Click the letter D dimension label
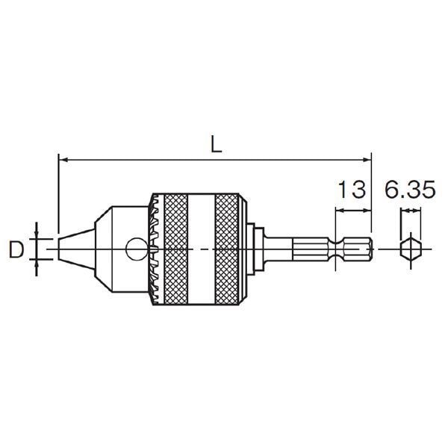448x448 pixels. coord(16,249)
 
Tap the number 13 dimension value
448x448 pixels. coord(352,189)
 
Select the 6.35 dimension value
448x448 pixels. coord(410,189)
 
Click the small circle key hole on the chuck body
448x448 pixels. coord(137,249)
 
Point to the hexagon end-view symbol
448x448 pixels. coord(411,249)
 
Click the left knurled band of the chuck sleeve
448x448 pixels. coord(176,249)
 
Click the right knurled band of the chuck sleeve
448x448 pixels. coord(227,249)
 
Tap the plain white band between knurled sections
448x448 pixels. coord(202,249)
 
